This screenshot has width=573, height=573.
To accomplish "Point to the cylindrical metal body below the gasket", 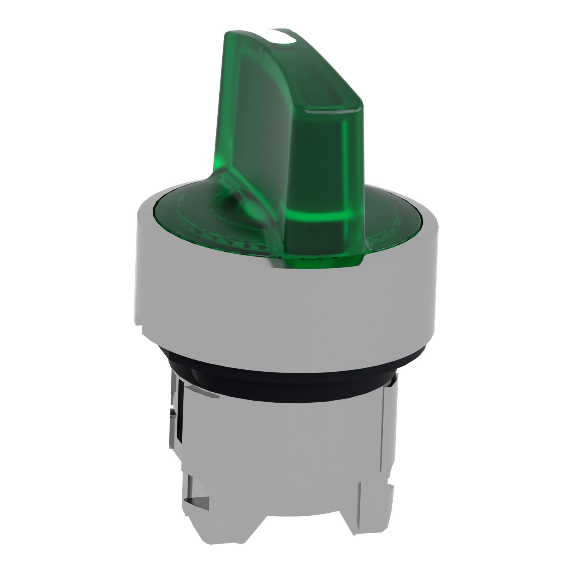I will [290, 432].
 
